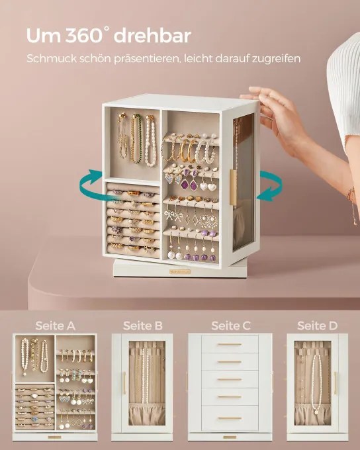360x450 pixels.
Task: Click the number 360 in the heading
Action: pyautogui.click(x=83, y=36)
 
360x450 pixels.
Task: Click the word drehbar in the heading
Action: pyautogui.click(x=152, y=36)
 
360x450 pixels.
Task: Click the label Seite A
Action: pyautogui.click(x=55, y=326)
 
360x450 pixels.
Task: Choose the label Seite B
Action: pyautogui.click(x=143, y=326)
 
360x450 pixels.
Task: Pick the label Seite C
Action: pyautogui.click(x=231, y=326)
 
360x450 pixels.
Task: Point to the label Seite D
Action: pyautogui.click(x=317, y=326)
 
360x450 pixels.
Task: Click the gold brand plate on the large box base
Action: pyautogui.click(x=180, y=271)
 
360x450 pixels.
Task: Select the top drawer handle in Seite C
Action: pyautogui.click(x=229, y=344)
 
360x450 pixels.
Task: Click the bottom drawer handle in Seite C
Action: pyautogui.click(x=229, y=418)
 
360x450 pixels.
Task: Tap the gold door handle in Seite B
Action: pyautogui.click(x=124, y=383)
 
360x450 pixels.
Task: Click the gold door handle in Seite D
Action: pyautogui.click(x=335, y=383)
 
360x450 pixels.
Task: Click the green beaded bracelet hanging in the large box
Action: pyautogui.click(x=136, y=138)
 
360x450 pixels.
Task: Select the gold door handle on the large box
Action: pyautogui.click(x=233, y=188)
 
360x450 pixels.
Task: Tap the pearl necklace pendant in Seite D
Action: pyautogui.click(x=316, y=412)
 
